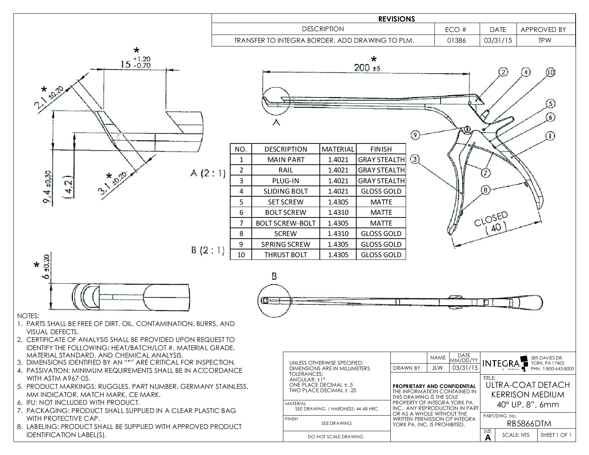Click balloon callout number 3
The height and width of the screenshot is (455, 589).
(x=415, y=159)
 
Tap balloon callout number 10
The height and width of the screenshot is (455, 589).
(x=550, y=72)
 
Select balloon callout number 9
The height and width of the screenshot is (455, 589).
(x=416, y=135)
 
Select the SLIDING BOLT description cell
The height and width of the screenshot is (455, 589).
(x=286, y=191)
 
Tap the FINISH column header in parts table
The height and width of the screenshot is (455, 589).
(x=381, y=149)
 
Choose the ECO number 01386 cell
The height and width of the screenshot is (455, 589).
(x=457, y=41)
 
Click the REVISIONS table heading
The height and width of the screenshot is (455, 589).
(x=396, y=19)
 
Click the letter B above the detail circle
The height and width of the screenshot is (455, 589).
(x=274, y=276)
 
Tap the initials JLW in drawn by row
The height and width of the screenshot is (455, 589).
(x=438, y=368)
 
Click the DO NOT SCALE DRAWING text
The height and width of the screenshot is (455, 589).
(x=336, y=436)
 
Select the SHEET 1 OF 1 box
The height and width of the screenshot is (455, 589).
(x=556, y=435)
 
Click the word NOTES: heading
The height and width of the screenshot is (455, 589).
(x=28, y=316)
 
